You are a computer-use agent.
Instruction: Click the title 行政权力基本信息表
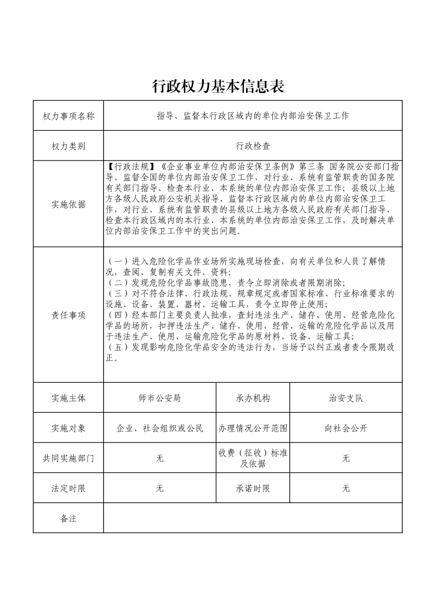pos(217,86)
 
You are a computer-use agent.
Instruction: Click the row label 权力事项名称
pos(68,116)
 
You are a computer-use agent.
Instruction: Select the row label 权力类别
pos(68,146)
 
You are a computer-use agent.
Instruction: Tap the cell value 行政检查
pos(253,146)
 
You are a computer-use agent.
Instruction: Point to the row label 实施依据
pos(68,204)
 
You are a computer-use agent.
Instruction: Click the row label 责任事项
pos(68,315)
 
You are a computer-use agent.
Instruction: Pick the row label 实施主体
pos(68,398)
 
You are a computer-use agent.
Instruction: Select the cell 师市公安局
pos(160,398)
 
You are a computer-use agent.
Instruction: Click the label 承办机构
pos(253,398)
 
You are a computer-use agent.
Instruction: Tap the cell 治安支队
pos(346,398)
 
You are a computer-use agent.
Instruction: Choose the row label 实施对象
pos(68,428)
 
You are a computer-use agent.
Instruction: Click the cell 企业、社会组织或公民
pos(160,428)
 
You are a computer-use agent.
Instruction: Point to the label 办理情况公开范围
pos(253,428)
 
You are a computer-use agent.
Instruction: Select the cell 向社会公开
pos(346,428)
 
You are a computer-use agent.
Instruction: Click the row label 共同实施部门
pos(68,458)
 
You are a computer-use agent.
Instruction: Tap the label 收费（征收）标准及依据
pos(253,458)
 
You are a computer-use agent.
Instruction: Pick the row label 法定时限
pos(68,488)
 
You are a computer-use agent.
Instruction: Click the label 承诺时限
pos(253,488)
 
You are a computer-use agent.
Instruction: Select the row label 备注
pos(68,518)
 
